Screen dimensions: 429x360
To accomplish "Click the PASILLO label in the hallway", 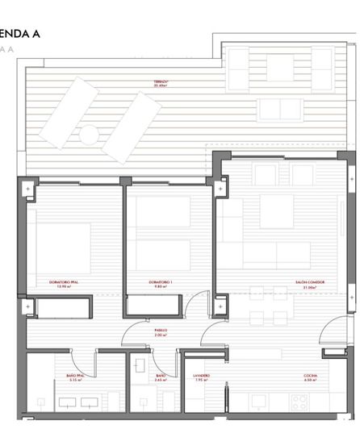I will tap(161, 331).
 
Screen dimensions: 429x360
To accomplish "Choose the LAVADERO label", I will tap(202, 377).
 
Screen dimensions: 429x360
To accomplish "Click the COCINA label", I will tap(310, 377).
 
